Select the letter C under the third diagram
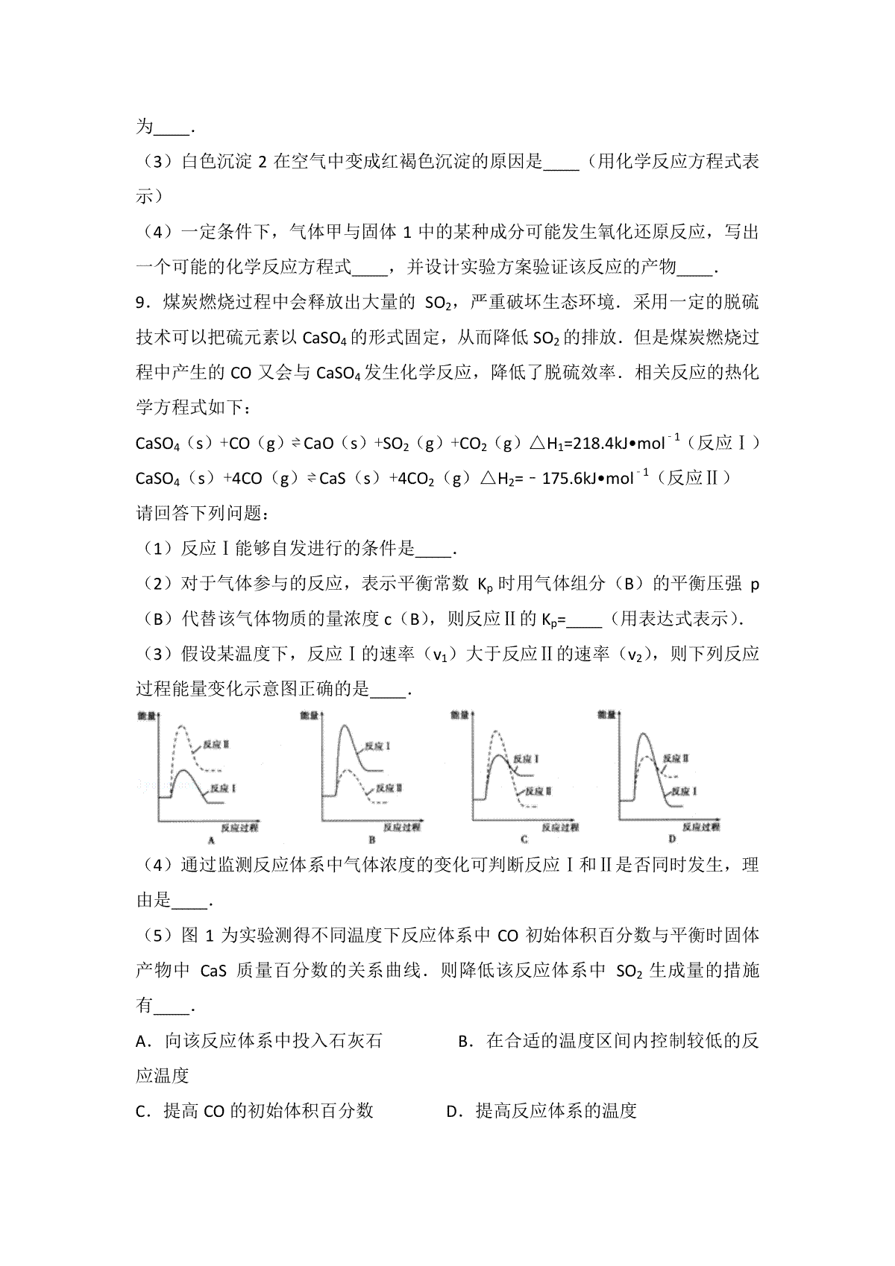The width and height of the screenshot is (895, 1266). coord(524,839)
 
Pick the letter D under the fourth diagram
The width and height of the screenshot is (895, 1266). coord(672,839)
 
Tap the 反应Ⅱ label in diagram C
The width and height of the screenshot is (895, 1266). coord(536,790)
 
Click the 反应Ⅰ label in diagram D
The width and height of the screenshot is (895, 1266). coord(684,790)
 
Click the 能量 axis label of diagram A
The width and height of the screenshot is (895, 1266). coord(147,716)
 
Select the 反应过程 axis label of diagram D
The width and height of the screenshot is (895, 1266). coord(700,826)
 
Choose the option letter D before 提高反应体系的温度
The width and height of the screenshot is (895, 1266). coord(451,1112)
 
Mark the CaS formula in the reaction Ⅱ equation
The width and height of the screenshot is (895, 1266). coord(331,478)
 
